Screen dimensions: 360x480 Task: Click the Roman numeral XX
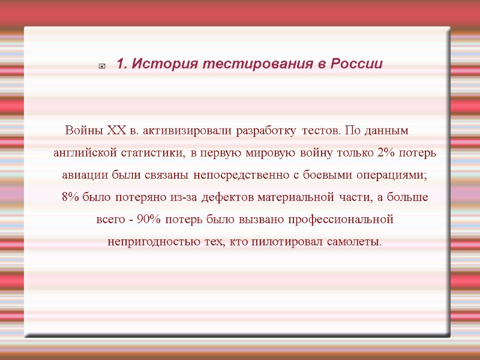pyautogui.click(x=116, y=130)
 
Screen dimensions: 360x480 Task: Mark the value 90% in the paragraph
pyautogui.click(x=148, y=220)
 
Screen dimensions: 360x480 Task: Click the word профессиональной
pyautogui.click(x=341, y=220)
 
